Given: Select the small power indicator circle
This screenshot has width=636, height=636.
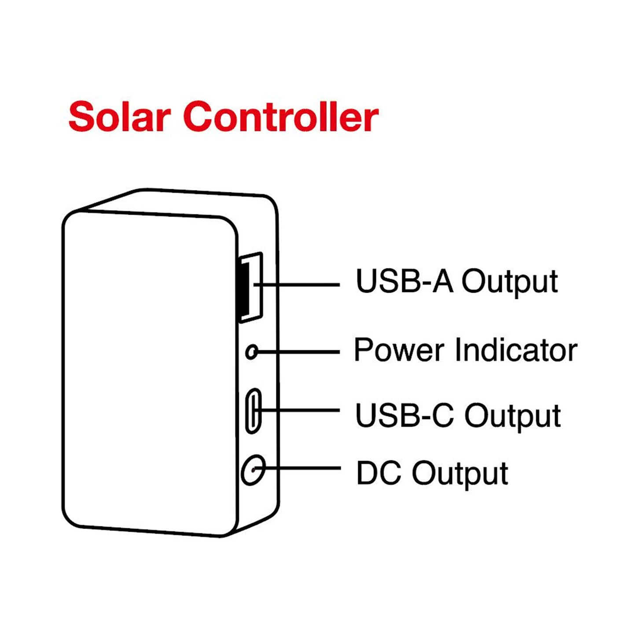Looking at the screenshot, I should click(252, 352).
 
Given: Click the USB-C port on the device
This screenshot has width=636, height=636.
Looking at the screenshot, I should click(253, 410).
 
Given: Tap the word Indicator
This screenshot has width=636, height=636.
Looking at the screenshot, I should click(515, 350).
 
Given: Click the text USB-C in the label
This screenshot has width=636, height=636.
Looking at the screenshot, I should click(404, 415).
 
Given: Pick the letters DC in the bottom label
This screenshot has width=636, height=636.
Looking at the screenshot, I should click(379, 473).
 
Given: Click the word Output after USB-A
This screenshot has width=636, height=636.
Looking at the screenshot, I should click(509, 282).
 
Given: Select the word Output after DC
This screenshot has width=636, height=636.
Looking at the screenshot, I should click(460, 474).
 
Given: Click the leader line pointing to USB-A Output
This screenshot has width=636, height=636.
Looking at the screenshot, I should click(304, 285).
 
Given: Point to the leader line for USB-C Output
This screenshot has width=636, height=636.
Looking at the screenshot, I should click(304, 410).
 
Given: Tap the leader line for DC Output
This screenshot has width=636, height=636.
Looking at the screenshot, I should click(304, 468).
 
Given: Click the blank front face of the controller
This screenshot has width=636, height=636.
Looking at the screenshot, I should click(150, 374).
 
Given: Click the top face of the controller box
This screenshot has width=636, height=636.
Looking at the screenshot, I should click(176, 202).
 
